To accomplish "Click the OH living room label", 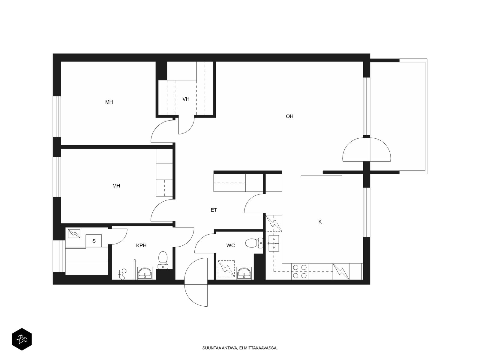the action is coord(289,116).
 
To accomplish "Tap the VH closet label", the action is coord(186,99).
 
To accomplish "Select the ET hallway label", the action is coord(214,210).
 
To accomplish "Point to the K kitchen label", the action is coord(320,222).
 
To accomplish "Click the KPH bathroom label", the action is coord(141,245).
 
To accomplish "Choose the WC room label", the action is coord(230,245).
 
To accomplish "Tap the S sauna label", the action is coord(94,241).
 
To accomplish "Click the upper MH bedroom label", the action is coord(109,102).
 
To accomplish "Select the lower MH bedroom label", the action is coord(116,186).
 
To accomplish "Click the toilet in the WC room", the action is coord(254,243).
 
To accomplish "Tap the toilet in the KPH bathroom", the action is coord(163,260).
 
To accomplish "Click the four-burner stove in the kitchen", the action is coord(300,271).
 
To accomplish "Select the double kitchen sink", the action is coord(274,243).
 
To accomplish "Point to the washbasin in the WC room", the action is coord(244,273).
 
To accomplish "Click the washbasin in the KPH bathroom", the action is coord(145,273).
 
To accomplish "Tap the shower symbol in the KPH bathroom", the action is coord(122,274).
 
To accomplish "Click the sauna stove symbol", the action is coord(74,233).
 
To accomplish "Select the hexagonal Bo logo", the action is coord(22,339).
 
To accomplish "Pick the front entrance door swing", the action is coord(196,282).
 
